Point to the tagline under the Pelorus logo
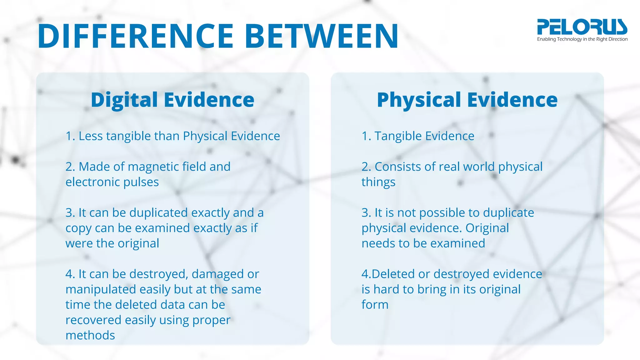pos(582,39)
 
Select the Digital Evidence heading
pos(172,100)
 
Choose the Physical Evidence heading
pos(467,100)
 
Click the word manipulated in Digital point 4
pos(101,290)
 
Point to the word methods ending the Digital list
pos(90,335)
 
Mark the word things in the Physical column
pos(378,182)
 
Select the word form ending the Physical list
pos(375,305)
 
